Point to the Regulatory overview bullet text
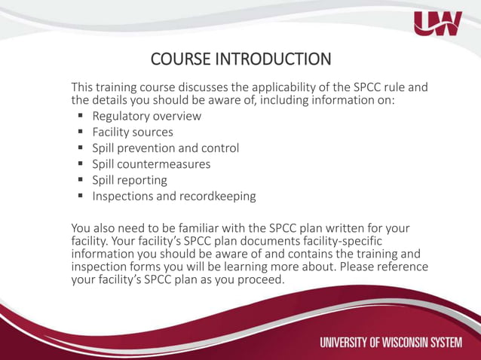[x=147, y=116]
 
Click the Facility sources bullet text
[x=133, y=133]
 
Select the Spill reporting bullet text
[x=130, y=181]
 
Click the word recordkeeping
[x=218, y=197]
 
